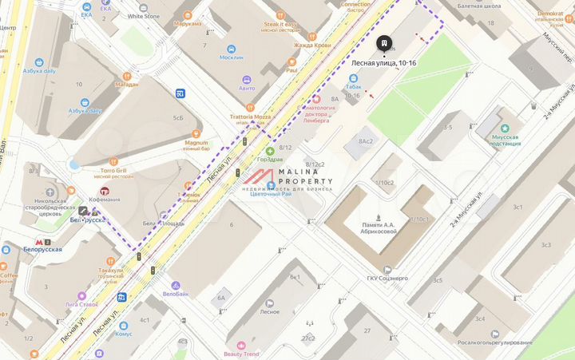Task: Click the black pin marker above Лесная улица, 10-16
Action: tap(386, 43)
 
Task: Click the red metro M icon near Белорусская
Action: tap(38, 240)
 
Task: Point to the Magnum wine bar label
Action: tap(196, 142)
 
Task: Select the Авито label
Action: tap(247, 88)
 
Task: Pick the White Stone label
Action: tap(144, 16)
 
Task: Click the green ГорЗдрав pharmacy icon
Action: tap(270, 150)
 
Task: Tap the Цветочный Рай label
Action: tap(271, 194)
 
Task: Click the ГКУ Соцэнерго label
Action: tap(388, 279)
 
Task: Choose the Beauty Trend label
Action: tap(240, 354)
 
